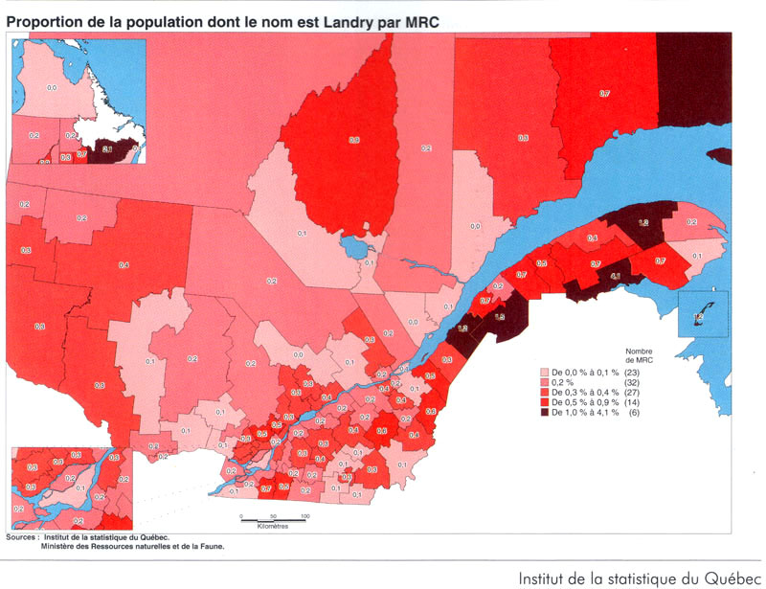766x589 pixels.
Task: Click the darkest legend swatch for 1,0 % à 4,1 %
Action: coord(545,412)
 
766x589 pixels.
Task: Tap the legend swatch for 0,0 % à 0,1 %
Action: coord(545,371)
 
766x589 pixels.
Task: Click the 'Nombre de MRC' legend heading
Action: coord(639,355)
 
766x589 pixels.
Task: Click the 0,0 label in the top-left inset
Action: coord(52,87)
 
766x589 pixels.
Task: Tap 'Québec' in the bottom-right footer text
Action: coord(731,578)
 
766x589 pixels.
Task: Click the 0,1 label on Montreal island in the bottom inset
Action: coord(79,487)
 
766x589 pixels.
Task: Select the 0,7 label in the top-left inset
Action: coord(81,153)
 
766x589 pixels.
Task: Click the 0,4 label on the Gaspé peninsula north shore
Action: coord(593,238)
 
